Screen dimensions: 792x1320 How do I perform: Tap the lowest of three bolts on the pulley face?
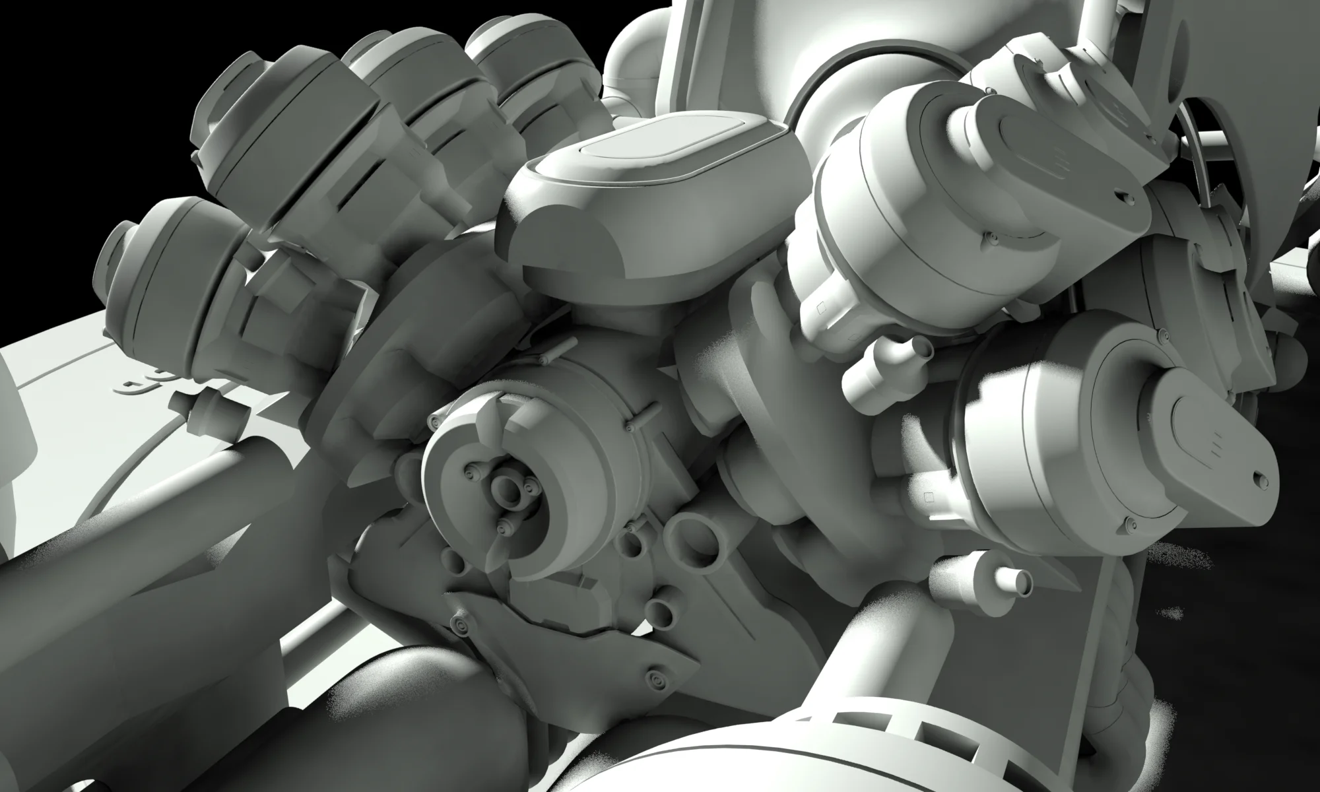[505, 525]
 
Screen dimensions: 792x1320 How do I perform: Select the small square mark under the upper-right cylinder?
[822, 308]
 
